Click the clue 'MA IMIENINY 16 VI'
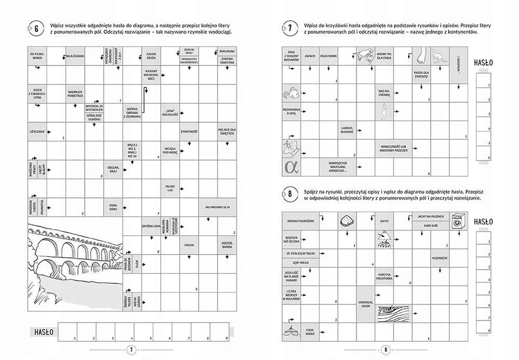217,207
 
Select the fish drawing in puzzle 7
291,94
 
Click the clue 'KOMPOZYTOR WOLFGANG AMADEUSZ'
337,167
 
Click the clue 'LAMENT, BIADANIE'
346,130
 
